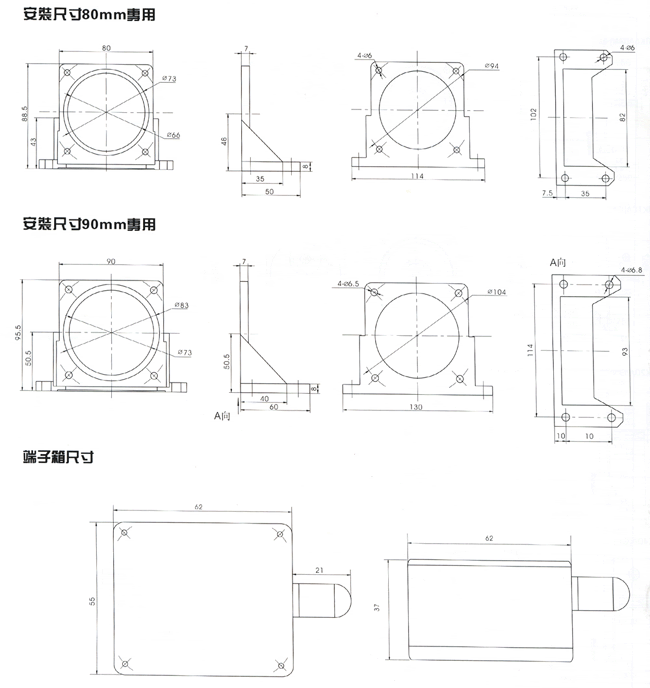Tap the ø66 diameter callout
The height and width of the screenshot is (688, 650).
pos(172,135)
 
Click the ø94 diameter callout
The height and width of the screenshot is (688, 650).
pos(491,66)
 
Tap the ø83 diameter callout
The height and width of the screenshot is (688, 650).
pos(182,304)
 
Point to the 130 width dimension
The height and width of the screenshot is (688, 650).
pos(415,407)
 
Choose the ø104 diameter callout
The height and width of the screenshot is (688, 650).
pos(496,291)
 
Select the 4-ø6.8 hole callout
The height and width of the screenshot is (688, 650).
pos(632,270)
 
